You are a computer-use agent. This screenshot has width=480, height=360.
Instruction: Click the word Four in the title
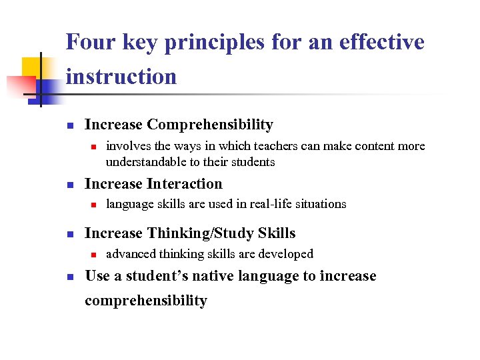point(90,43)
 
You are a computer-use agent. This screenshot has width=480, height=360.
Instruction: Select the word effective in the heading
point(382,43)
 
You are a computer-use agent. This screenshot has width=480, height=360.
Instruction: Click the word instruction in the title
point(121,77)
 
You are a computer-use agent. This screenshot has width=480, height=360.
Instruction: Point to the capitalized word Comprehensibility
point(210,125)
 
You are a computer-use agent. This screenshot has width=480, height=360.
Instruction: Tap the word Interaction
point(185,184)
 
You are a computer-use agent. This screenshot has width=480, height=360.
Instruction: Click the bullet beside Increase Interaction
point(69,185)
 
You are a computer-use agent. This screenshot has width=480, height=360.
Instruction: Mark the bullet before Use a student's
point(69,277)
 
